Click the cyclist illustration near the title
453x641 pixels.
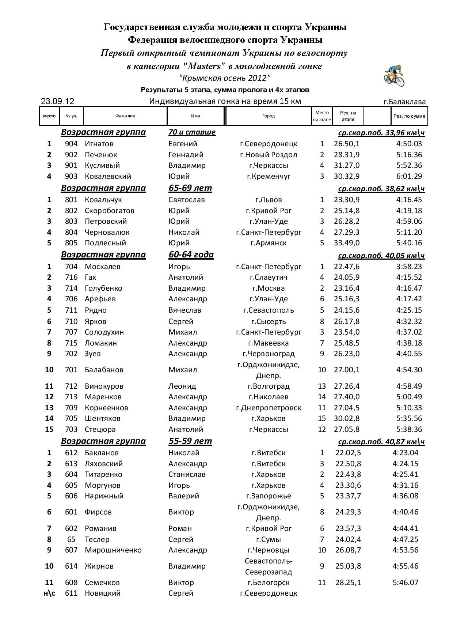(x=394, y=76)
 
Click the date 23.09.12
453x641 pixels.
(x=57, y=101)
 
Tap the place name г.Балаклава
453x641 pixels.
(x=404, y=102)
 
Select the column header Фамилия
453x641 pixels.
(x=125, y=116)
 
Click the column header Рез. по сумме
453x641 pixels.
(x=409, y=116)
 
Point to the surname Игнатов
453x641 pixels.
(x=99, y=144)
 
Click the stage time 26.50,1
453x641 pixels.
(x=346, y=144)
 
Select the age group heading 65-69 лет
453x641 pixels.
(x=190, y=188)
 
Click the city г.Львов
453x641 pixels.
(x=269, y=200)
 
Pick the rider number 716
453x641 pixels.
(x=71, y=277)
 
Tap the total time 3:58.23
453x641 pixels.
(x=409, y=267)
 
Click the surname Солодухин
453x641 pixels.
(x=104, y=332)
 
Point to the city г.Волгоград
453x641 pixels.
(x=269, y=386)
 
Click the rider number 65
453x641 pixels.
(x=71, y=539)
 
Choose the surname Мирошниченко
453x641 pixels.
(x=113, y=550)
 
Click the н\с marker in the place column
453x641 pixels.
(x=49, y=593)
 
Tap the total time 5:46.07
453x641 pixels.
(x=405, y=582)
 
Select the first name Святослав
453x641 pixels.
(x=186, y=200)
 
